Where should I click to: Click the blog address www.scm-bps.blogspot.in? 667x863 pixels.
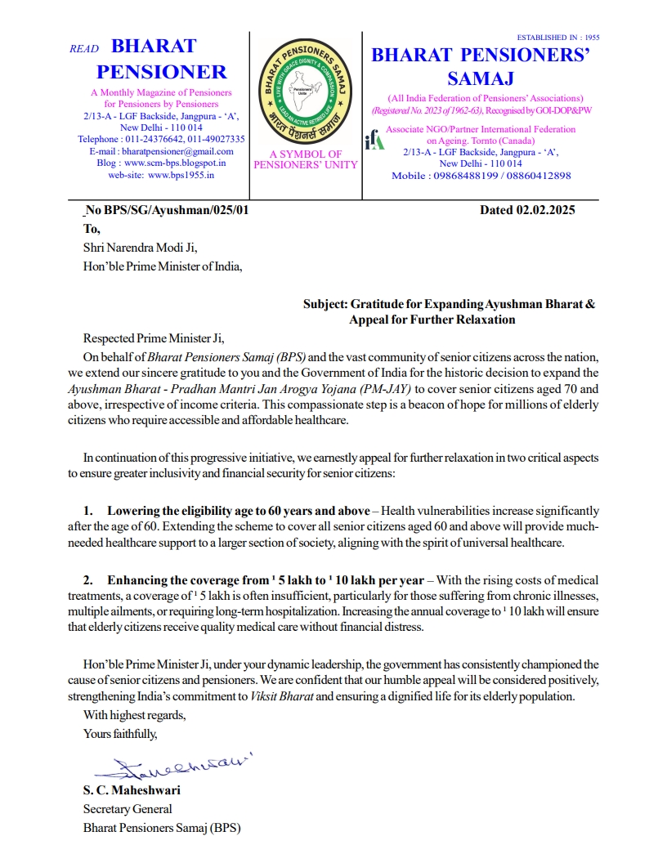tap(173, 163)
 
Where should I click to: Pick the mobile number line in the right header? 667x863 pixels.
tap(481, 176)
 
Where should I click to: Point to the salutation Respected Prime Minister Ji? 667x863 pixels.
tap(153, 338)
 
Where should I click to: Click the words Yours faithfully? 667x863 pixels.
tap(120, 733)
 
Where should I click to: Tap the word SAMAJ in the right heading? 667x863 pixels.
tap(480, 78)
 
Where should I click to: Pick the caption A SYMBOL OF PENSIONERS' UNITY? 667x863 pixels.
tap(306, 159)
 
